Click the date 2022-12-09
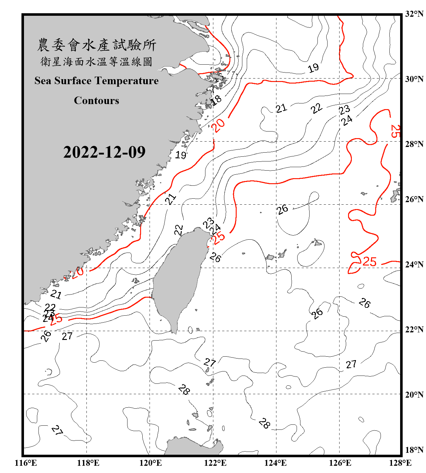pyautogui.click(x=104, y=152)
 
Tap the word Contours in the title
pyautogui.click(x=97, y=101)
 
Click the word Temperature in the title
pyautogui.click(x=126, y=81)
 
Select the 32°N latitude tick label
pyautogui.click(x=414, y=14)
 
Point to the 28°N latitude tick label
pyautogui.click(x=414, y=144)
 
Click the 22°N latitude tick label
pyautogui.click(x=414, y=330)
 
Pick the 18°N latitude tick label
pyautogui.click(x=414, y=450)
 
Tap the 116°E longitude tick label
pyautogui.click(x=26, y=463)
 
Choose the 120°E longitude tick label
pyautogui.click(x=151, y=463)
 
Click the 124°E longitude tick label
pyautogui.click(x=275, y=463)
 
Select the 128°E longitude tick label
pyautogui.click(x=400, y=463)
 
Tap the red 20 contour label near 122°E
pyautogui.click(x=218, y=125)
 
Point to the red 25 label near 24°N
pyautogui.click(x=369, y=262)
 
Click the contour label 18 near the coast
pyautogui.click(x=216, y=100)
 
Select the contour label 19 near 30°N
pyautogui.click(x=313, y=68)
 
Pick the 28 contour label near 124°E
pyautogui.click(x=264, y=423)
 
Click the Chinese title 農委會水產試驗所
pyautogui.click(x=97, y=45)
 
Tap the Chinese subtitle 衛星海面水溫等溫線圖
pyautogui.click(x=97, y=62)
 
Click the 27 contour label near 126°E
pyautogui.click(x=351, y=365)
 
